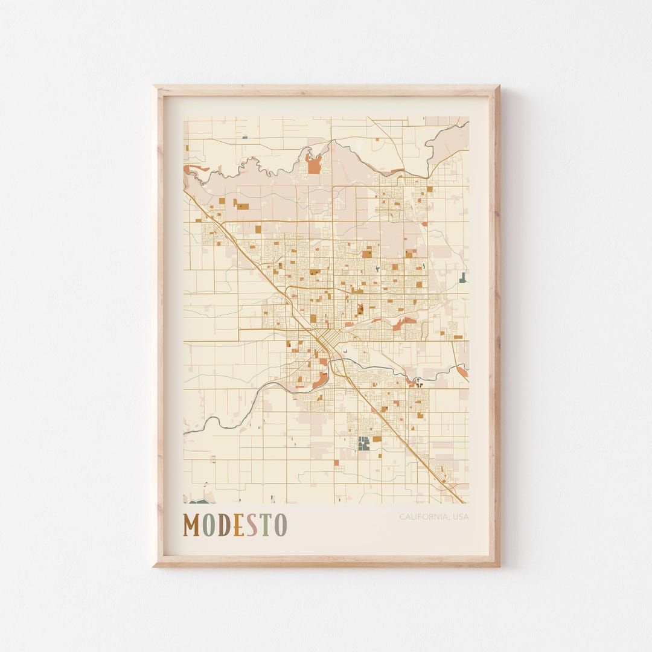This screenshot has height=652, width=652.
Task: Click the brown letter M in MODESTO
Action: [191, 525]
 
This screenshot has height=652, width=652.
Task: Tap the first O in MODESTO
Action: [208, 525]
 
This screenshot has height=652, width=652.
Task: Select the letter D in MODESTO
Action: [223, 525]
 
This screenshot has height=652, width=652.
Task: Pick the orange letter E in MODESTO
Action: [238, 525]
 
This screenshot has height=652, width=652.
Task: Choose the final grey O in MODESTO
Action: [280, 525]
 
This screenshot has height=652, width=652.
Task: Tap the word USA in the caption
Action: [460, 517]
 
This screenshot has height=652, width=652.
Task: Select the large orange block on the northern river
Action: [314, 164]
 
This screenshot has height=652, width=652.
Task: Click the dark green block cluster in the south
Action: [363, 444]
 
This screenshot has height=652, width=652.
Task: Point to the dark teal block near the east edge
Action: [462, 277]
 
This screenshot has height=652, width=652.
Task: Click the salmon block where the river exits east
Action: [462, 371]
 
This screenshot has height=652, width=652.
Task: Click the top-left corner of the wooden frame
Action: [155, 87]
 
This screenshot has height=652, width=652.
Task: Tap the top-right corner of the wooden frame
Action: [498, 87]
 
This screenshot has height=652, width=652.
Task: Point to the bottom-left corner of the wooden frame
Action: [155, 565]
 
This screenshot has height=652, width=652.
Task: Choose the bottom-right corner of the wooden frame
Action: [498, 565]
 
